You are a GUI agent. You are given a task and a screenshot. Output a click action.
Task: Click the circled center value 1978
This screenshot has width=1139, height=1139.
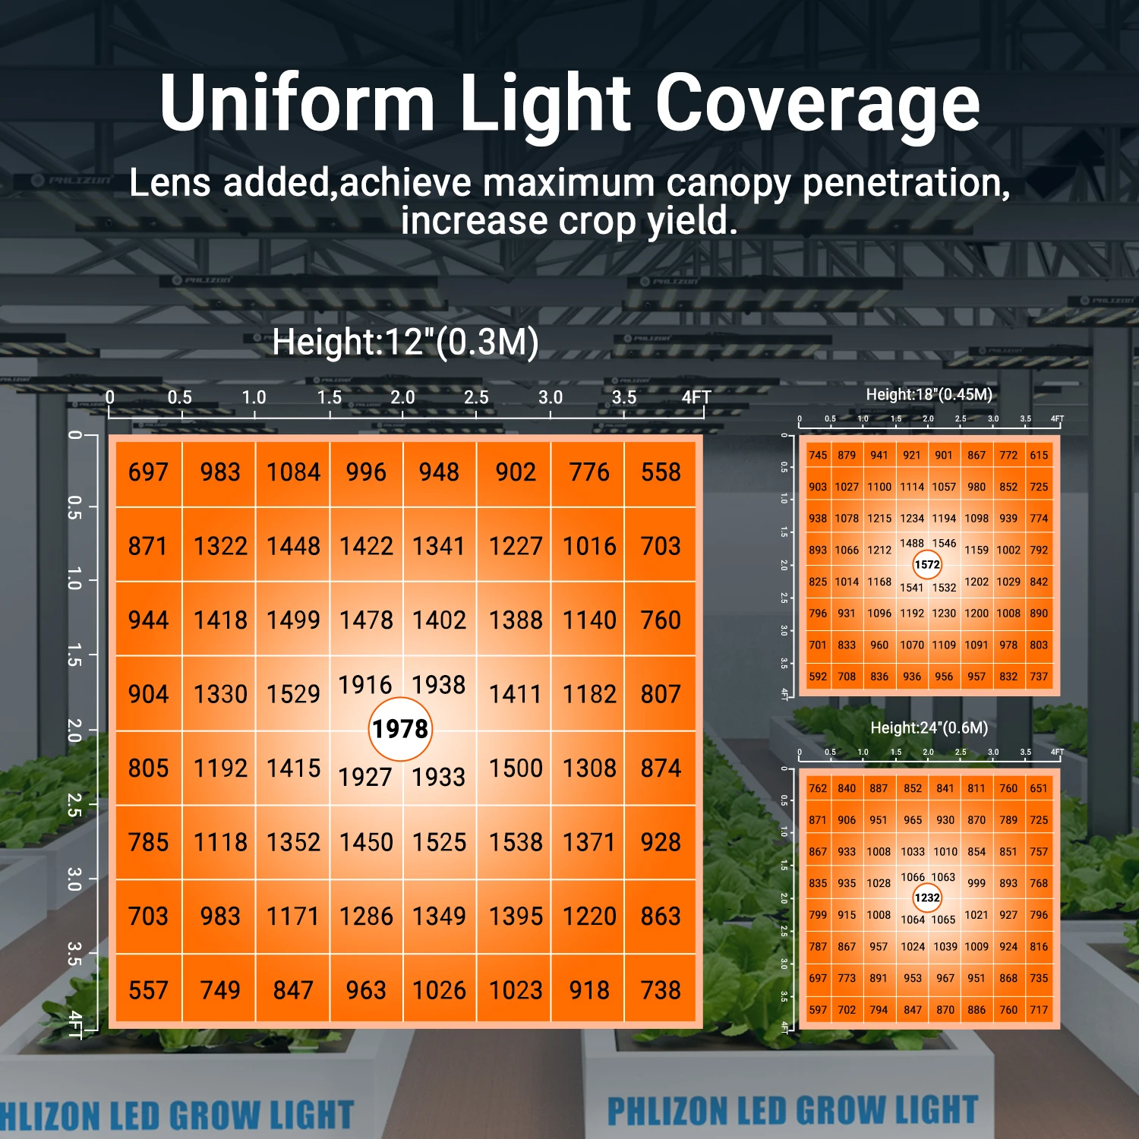400,730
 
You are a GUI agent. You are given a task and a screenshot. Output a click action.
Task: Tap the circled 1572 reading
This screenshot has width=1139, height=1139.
927,565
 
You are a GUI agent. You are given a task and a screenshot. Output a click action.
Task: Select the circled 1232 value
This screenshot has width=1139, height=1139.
927,898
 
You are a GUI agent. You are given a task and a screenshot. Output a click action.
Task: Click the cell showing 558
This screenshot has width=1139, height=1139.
661,472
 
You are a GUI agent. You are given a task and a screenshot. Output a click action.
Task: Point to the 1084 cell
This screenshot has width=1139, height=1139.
293,472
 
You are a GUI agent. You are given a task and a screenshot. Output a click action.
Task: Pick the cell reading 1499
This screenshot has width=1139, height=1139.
293,620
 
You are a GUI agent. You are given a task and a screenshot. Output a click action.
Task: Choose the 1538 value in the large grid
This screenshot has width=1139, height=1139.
516,842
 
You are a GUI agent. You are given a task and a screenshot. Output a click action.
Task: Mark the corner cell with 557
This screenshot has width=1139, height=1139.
148,990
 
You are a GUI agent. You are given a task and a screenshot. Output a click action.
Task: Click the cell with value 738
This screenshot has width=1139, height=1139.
661,990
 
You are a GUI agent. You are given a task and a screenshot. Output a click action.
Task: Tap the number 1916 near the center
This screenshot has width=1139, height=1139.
365,685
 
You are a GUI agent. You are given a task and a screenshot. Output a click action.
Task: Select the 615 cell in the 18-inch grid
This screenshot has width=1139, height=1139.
1039,456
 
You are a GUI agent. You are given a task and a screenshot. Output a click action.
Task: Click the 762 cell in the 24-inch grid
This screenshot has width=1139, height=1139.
818,788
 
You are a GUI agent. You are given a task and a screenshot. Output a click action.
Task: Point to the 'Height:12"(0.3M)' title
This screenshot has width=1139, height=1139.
405,342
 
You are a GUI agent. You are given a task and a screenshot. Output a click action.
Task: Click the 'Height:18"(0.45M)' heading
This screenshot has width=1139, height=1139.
929,395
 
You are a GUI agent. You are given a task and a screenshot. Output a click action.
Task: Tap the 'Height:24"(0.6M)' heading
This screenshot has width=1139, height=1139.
929,728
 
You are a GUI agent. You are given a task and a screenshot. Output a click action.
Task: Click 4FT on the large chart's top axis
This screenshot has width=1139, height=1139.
696,397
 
